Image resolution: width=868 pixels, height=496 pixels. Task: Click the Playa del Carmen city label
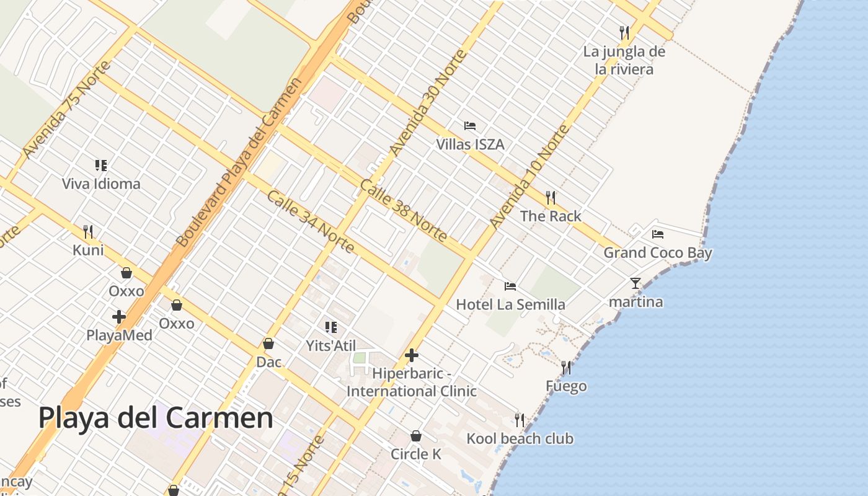click(156, 418)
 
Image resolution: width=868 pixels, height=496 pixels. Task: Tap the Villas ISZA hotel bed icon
click(470, 126)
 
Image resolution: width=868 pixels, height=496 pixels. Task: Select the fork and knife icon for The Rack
click(551, 198)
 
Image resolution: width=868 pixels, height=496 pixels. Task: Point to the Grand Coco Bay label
click(658, 252)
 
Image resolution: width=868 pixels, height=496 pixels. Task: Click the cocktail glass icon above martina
click(635, 283)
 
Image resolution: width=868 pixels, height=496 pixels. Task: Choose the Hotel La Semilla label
click(510, 304)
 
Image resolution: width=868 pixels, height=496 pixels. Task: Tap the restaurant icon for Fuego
click(566, 368)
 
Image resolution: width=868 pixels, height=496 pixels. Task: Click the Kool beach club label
click(520, 438)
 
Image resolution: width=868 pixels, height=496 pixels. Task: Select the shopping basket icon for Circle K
click(416, 436)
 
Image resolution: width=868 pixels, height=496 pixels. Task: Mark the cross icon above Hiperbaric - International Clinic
click(411, 355)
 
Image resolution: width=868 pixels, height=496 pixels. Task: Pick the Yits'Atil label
click(331, 345)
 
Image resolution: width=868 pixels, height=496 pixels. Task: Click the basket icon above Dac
click(268, 343)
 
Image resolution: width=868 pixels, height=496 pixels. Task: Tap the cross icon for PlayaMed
click(119, 317)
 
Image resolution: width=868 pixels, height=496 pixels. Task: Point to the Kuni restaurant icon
click(88, 232)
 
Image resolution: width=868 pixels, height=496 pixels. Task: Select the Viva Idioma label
click(101, 184)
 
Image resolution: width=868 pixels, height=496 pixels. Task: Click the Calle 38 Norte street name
click(403, 211)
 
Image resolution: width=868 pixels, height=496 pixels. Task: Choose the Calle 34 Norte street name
click(311, 222)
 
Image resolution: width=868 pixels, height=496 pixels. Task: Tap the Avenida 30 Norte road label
click(427, 103)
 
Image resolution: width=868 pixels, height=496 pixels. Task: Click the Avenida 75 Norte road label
click(66, 109)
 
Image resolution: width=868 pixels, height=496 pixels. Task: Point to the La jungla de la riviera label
click(624, 60)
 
